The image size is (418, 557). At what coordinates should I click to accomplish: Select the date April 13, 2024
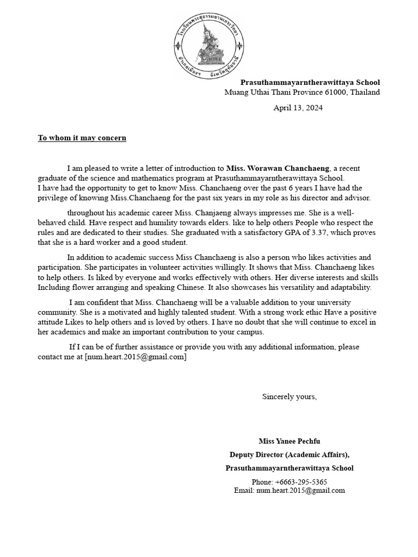click(298, 108)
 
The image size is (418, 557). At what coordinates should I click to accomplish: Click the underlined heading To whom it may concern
click(82, 138)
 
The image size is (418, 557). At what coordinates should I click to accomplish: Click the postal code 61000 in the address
click(336, 92)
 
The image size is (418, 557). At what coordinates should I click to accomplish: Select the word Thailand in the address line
click(365, 92)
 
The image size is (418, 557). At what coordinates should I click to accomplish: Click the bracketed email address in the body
click(136, 357)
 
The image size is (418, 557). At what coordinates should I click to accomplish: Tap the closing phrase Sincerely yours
click(289, 397)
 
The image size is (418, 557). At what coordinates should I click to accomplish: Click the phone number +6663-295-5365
click(289, 482)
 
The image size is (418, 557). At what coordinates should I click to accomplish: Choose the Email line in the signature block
click(289, 490)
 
